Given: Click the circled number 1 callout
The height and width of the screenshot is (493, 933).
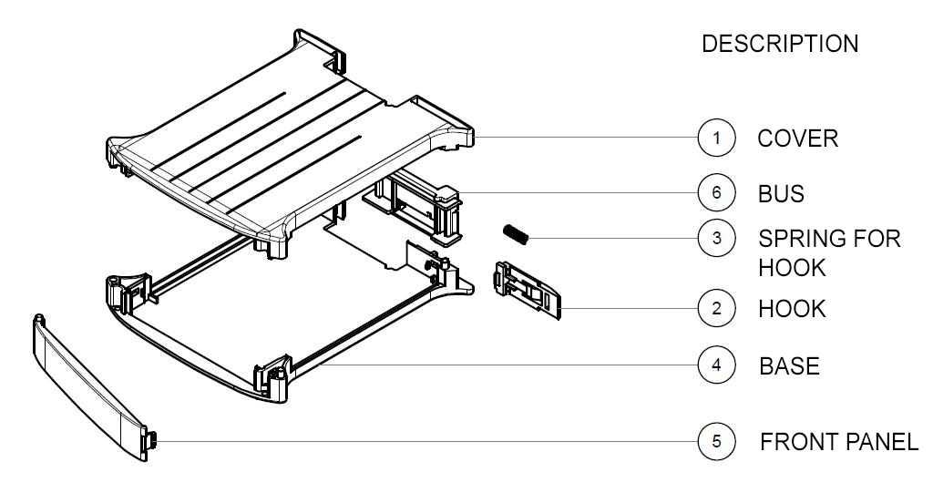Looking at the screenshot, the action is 716,138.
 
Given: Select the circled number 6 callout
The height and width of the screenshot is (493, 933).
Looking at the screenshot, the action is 716,192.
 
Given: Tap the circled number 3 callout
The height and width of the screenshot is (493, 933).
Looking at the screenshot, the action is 716,238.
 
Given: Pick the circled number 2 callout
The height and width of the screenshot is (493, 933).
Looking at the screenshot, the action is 716,308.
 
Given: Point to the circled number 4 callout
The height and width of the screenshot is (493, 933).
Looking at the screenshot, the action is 716,365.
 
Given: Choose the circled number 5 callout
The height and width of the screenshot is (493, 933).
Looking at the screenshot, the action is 716,441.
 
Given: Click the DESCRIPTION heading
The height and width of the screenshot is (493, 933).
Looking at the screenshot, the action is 780,44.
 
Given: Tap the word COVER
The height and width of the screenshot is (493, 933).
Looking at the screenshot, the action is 798,139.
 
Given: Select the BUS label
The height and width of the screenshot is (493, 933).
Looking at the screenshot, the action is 781,194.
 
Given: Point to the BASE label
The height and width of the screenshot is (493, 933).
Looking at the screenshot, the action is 790,365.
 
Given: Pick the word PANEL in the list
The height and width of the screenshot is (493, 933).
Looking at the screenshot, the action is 882,442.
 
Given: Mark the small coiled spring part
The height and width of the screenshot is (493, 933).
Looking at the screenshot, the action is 516,234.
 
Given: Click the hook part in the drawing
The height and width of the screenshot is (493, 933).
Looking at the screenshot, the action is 528,290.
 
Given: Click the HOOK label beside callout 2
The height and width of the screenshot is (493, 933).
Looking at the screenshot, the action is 792,309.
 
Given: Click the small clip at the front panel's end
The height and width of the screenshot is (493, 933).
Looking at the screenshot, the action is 151,441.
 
